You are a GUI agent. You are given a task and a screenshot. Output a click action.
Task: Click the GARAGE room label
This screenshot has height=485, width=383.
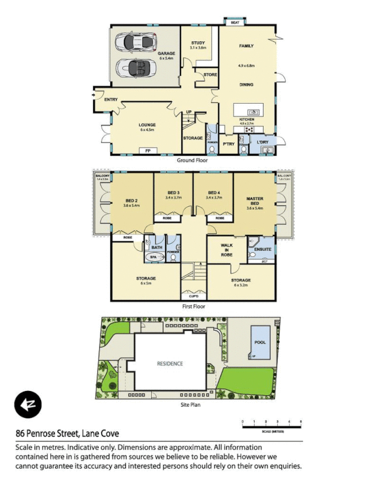pos(166,53)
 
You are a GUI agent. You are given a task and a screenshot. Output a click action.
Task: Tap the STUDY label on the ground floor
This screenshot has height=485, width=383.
pos(198,42)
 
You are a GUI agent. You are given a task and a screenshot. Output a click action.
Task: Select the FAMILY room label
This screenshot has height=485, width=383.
pos(246,46)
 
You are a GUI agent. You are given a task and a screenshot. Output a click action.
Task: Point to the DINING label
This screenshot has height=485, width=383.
pos(246,85)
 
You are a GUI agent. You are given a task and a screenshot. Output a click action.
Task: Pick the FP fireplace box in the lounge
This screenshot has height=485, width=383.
pos(146,150)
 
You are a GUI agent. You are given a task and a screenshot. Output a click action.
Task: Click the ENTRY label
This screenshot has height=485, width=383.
pos(111,99)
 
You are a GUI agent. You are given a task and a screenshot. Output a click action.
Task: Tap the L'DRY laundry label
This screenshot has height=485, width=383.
pos(262,142)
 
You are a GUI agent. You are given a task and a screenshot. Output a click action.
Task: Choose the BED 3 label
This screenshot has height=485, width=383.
pos(173,193)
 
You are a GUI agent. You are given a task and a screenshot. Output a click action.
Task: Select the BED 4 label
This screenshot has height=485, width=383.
pos(213,193)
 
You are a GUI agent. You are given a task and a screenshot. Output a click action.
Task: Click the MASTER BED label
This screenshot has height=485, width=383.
pos(254,201)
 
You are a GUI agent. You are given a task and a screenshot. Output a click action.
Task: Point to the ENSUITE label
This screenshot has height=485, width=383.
pos(262,248)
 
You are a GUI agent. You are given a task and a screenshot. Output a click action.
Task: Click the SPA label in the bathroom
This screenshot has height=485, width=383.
pos(153,256)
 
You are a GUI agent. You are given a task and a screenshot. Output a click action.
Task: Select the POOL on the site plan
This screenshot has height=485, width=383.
pos(260,341)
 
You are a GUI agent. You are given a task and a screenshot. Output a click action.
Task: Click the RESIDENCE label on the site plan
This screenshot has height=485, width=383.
pos(170,364)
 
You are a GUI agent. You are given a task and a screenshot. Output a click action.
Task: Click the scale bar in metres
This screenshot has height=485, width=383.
pos(271,424)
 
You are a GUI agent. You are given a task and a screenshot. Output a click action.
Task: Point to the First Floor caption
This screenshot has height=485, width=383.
pos(194,307)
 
